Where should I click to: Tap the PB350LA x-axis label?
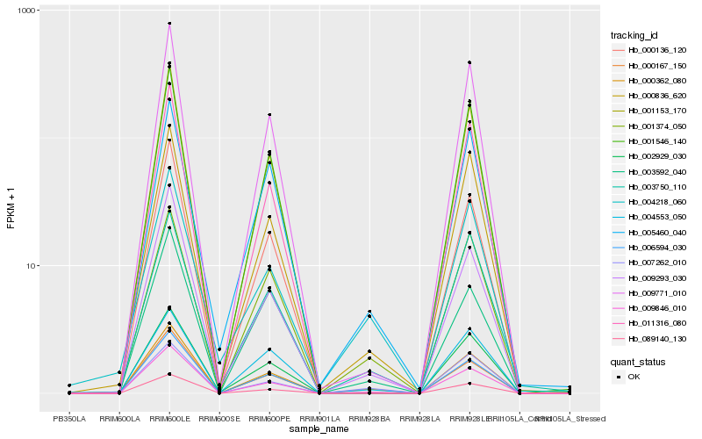[69, 419]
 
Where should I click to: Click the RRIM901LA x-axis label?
[319, 419]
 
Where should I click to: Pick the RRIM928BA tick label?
[369, 419]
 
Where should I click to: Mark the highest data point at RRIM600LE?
[169, 24]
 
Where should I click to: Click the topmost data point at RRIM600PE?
[269, 115]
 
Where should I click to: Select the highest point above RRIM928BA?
[369, 312]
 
